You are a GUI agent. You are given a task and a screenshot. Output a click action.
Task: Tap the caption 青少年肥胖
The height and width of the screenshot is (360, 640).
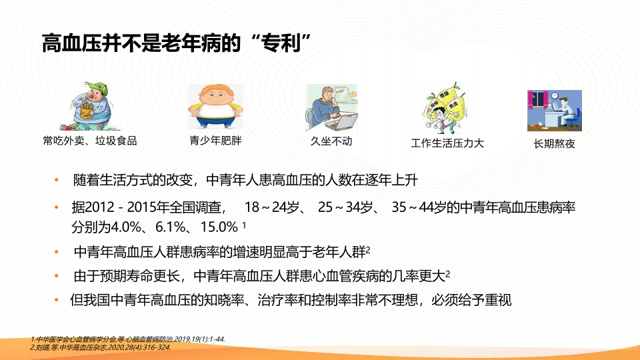215,141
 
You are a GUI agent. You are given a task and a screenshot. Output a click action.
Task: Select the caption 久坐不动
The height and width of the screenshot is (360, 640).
331,141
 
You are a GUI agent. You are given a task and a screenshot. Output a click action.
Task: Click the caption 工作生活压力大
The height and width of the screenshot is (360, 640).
447,143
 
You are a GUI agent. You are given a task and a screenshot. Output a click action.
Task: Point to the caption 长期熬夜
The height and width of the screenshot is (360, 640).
554,144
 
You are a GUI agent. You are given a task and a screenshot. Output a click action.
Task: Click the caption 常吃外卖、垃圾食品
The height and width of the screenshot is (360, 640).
90,141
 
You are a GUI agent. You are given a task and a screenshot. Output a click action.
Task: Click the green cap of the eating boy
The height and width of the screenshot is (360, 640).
98,88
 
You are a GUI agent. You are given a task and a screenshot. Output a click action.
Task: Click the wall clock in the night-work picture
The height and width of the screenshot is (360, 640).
555,96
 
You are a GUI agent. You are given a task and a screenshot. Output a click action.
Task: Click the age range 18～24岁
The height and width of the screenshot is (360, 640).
272,207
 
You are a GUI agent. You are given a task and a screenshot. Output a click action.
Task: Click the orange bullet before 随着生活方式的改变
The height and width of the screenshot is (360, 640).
57,180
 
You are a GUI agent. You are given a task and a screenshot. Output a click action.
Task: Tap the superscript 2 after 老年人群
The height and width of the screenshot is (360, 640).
368,249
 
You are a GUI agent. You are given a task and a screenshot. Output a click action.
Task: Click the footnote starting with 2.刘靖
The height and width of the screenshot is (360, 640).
101,348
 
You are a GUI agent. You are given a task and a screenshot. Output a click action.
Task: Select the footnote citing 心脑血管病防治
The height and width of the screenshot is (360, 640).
128,339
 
